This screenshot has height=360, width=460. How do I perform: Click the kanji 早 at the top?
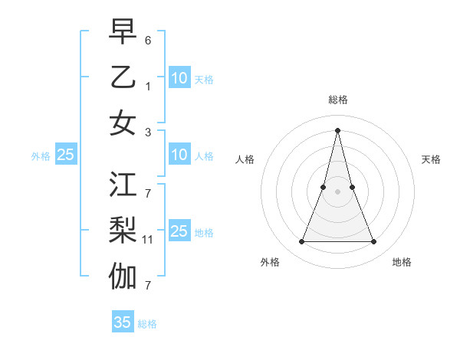(123, 32)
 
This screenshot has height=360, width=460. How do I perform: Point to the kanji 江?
(123, 185)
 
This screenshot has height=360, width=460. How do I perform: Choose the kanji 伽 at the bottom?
(123, 276)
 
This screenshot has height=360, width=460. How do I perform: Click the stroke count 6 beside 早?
(148, 39)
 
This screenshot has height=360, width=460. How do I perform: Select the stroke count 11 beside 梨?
(149, 240)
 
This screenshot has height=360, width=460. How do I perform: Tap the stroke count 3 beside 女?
(148, 132)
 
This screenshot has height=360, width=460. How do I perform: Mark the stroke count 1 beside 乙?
(148, 87)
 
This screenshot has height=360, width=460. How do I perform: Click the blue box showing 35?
(123, 322)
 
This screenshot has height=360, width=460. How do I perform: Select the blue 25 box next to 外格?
(66, 155)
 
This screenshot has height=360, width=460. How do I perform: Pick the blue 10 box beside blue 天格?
(179, 77)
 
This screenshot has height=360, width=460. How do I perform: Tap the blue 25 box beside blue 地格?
(179, 231)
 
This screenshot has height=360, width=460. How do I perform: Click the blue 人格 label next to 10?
(204, 156)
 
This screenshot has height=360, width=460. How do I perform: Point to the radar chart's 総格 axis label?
(337, 100)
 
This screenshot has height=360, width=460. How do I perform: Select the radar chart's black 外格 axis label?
(270, 262)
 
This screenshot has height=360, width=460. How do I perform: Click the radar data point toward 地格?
(374, 242)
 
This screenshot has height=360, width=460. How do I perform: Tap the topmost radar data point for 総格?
(337, 129)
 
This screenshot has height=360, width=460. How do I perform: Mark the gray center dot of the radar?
(337, 191)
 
